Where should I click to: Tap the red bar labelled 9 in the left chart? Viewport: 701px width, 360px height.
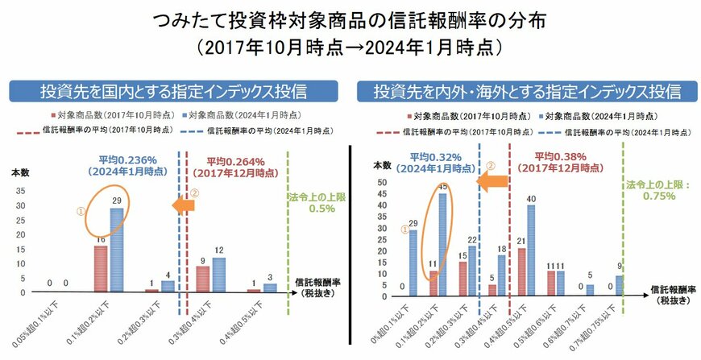pos(203,279)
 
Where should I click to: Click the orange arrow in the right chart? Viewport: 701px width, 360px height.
pos(492,184)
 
